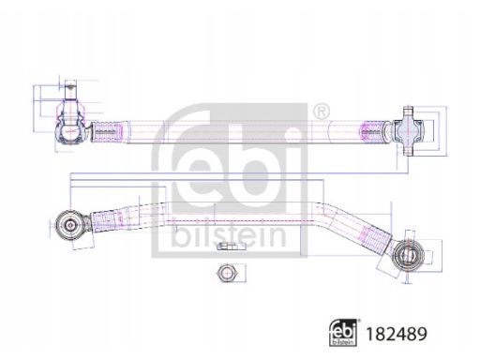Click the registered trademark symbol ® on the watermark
pos(322,112)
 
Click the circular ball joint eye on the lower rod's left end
pos(68,223)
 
